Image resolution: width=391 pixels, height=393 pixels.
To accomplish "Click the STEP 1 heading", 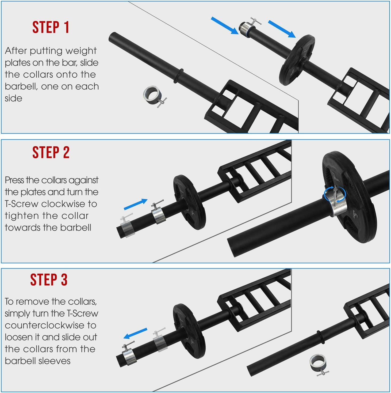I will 51,27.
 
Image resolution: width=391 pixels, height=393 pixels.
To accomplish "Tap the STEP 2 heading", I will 51,152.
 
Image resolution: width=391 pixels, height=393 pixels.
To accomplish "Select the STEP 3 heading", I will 49,280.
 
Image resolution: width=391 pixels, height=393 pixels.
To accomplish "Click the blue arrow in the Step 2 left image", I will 136,204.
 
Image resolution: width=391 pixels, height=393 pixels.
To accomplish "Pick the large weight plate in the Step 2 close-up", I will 348,198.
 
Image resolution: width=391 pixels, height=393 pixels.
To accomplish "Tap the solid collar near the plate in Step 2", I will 158,215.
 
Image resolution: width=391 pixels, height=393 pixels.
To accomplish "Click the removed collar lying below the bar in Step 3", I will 318,363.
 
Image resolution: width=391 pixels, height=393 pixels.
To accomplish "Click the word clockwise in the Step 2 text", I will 63,204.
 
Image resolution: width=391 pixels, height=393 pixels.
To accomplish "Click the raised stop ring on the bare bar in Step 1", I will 178,76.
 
